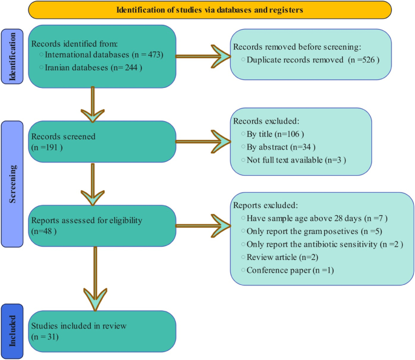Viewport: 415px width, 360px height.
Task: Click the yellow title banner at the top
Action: click(209, 10)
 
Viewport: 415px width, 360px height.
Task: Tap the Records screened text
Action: click(64, 136)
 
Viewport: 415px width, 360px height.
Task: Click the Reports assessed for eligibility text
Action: click(86, 221)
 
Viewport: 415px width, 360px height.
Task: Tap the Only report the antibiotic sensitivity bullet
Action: click(325, 244)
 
